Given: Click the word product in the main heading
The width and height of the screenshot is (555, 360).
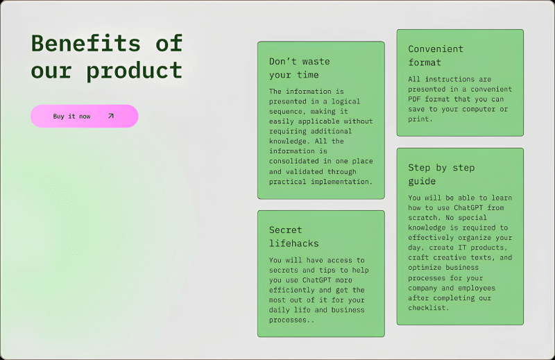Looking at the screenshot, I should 135,70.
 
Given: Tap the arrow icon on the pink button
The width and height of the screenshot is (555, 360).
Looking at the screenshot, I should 110,116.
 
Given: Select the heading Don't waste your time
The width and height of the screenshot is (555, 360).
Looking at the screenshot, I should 299,68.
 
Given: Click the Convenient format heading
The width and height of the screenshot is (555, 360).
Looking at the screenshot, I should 435,55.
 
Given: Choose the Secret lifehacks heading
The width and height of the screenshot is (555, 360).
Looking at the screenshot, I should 293,237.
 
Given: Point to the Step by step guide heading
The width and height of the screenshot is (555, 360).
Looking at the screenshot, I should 441,174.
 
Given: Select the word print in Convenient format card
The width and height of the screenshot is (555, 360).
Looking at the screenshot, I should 420,119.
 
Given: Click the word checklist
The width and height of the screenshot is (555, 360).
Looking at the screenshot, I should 426,307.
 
